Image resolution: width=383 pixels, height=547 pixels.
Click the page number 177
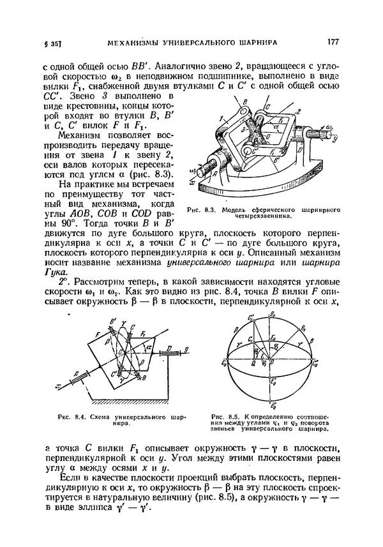point(331,41)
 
